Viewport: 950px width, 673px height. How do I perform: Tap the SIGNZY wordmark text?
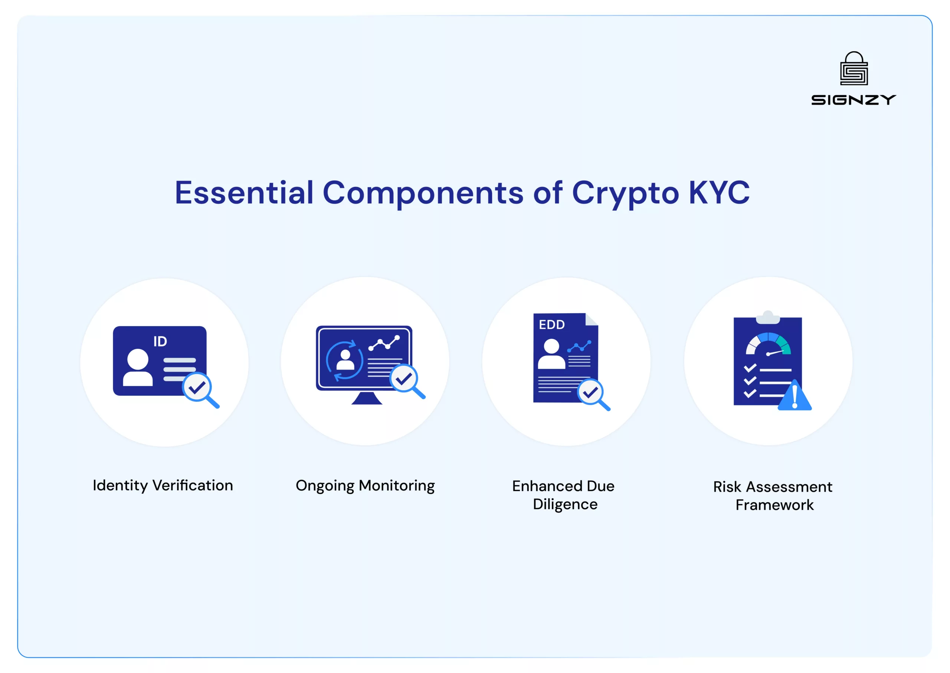coord(854,100)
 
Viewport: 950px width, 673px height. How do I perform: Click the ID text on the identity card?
coord(160,341)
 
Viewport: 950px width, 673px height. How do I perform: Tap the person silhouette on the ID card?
coord(138,367)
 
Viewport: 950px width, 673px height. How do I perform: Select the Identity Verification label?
coord(163,485)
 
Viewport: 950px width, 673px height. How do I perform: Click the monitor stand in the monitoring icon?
coord(367,398)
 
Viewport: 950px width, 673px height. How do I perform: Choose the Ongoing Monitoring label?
coord(365,486)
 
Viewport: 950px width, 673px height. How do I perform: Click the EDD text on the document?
coord(552,325)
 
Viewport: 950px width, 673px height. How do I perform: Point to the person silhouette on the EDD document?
coord(551,354)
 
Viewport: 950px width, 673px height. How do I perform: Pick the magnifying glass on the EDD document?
coord(593,394)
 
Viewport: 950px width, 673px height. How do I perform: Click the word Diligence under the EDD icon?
coord(565,504)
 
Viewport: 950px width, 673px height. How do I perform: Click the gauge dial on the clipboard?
coord(769,344)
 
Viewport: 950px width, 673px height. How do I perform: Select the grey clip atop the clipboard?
coord(768,317)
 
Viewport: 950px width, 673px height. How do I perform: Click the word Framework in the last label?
coord(775,505)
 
